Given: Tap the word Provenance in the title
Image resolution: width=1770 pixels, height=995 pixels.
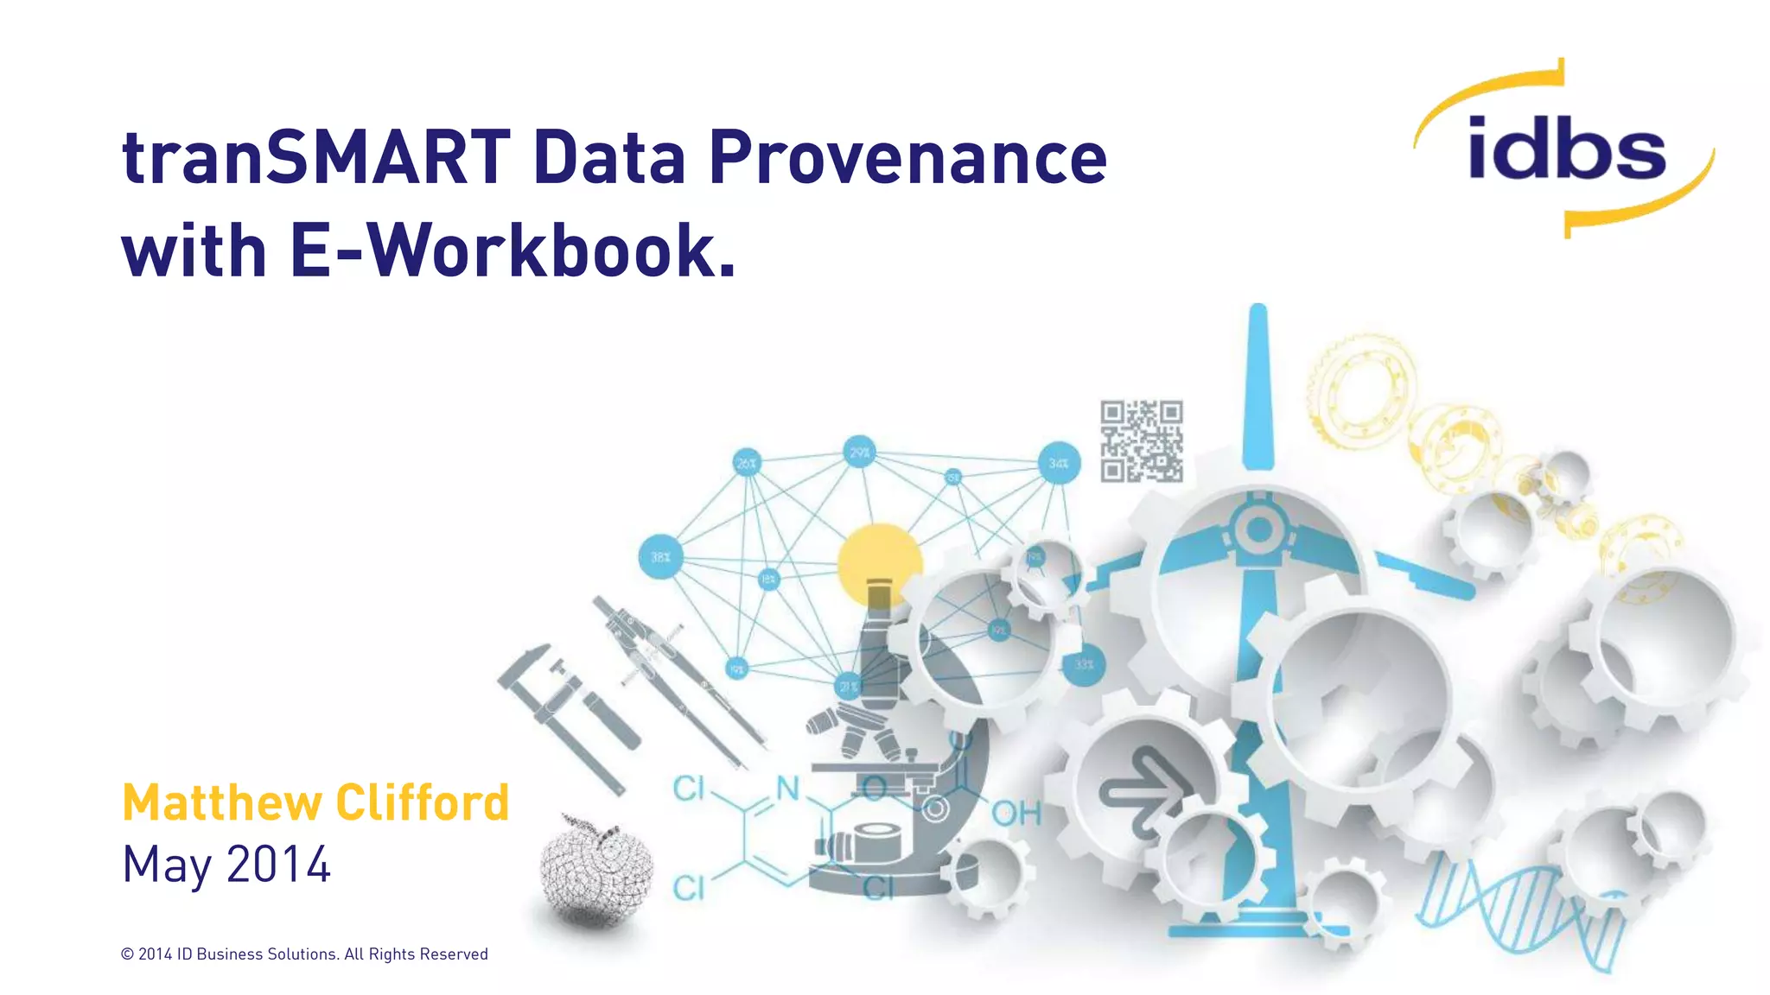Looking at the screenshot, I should (x=907, y=158).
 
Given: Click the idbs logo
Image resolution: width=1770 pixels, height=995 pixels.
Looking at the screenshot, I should (x=1565, y=149).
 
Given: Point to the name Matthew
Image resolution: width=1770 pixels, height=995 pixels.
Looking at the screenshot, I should (x=220, y=802).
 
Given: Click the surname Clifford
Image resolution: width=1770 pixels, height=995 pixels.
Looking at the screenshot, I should (x=423, y=802).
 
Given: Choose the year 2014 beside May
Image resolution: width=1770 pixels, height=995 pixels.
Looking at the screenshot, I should (x=278, y=865).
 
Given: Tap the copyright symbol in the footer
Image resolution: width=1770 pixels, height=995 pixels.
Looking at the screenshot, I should (x=127, y=954).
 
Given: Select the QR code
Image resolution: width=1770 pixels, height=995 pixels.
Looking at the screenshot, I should (x=1142, y=441).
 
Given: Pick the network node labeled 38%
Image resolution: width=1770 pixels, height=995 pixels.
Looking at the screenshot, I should (x=660, y=557).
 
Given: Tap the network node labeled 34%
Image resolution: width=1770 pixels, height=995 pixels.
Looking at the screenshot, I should (x=1059, y=464).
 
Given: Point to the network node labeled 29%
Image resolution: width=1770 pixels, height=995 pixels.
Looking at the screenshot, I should (x=859, y=452).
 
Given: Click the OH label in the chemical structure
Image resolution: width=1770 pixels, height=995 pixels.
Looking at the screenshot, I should (x=1016, y=813).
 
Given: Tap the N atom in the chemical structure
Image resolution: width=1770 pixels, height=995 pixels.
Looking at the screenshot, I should (x=787, y=788).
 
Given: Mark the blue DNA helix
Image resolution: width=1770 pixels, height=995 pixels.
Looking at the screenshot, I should (x=1521, y=911).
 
